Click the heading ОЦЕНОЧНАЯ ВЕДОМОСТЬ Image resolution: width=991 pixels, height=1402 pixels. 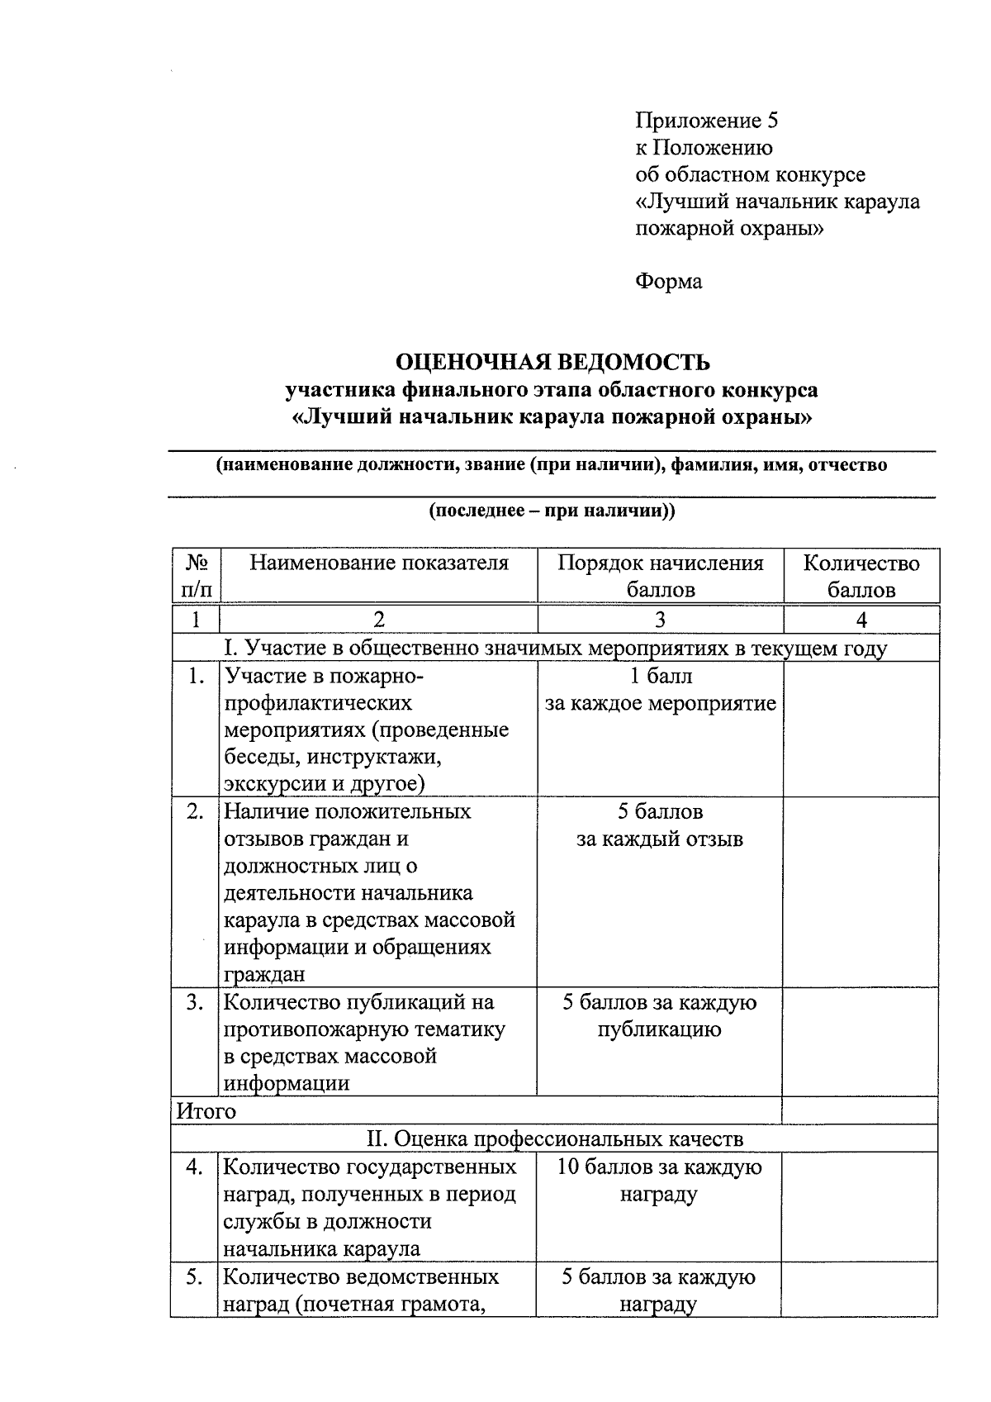click(552, 363)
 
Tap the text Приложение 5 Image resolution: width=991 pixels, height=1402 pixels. click(707, 121)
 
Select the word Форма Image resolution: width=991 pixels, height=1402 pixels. click(669, 282)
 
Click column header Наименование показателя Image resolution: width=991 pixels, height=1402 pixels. click(379, 563)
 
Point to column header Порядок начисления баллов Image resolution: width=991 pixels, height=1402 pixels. click(661, 576)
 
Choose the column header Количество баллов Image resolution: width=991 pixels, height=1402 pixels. click(861, 576)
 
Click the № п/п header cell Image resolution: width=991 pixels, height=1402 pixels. click(197, 576)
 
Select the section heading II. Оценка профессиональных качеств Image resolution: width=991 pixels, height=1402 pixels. click(554, 1138)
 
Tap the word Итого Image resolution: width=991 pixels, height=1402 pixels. click(206, 1111)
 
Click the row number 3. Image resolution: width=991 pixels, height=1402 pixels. click(195, 1002)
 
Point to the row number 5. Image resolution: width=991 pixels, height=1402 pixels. click(195, 1276)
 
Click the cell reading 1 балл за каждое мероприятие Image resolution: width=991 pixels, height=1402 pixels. click(661, 690)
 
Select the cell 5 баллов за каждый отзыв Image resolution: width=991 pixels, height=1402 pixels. click(660, 825)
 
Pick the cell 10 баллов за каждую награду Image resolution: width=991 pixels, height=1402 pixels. click(659, 1181)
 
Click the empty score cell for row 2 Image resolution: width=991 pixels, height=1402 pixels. click(861, 892)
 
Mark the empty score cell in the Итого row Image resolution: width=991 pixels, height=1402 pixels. click(860, 1111)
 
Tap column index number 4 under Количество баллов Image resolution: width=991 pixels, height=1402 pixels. click(861, 620)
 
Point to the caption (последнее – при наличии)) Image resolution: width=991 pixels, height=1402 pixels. click(552, 511)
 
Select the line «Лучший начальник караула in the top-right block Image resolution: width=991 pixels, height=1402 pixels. click(777, 202)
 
